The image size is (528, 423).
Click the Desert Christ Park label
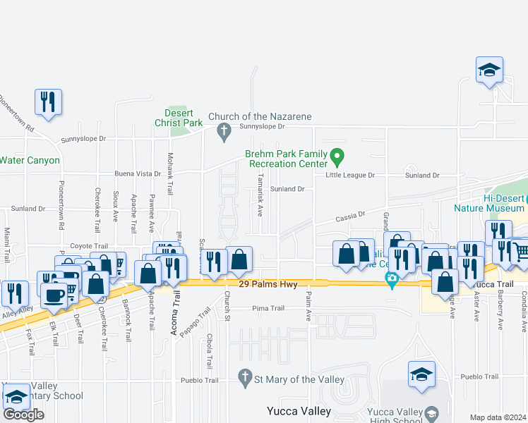[174, 117]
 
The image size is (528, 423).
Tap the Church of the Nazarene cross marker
[224, 130]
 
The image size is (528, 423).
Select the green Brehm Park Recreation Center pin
[337, 155]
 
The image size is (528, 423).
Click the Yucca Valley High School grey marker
[432, 412]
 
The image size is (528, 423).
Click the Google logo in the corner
[23, 414]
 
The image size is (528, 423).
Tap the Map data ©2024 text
[498, 417]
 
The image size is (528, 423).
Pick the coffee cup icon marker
[54, 296]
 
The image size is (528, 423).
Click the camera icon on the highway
[392, 281]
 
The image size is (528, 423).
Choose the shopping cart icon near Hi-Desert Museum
[520, 250]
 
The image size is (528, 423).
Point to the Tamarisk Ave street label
[260, 195]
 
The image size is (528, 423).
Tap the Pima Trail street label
[268, 308]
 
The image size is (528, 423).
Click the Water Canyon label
[30, 160]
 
